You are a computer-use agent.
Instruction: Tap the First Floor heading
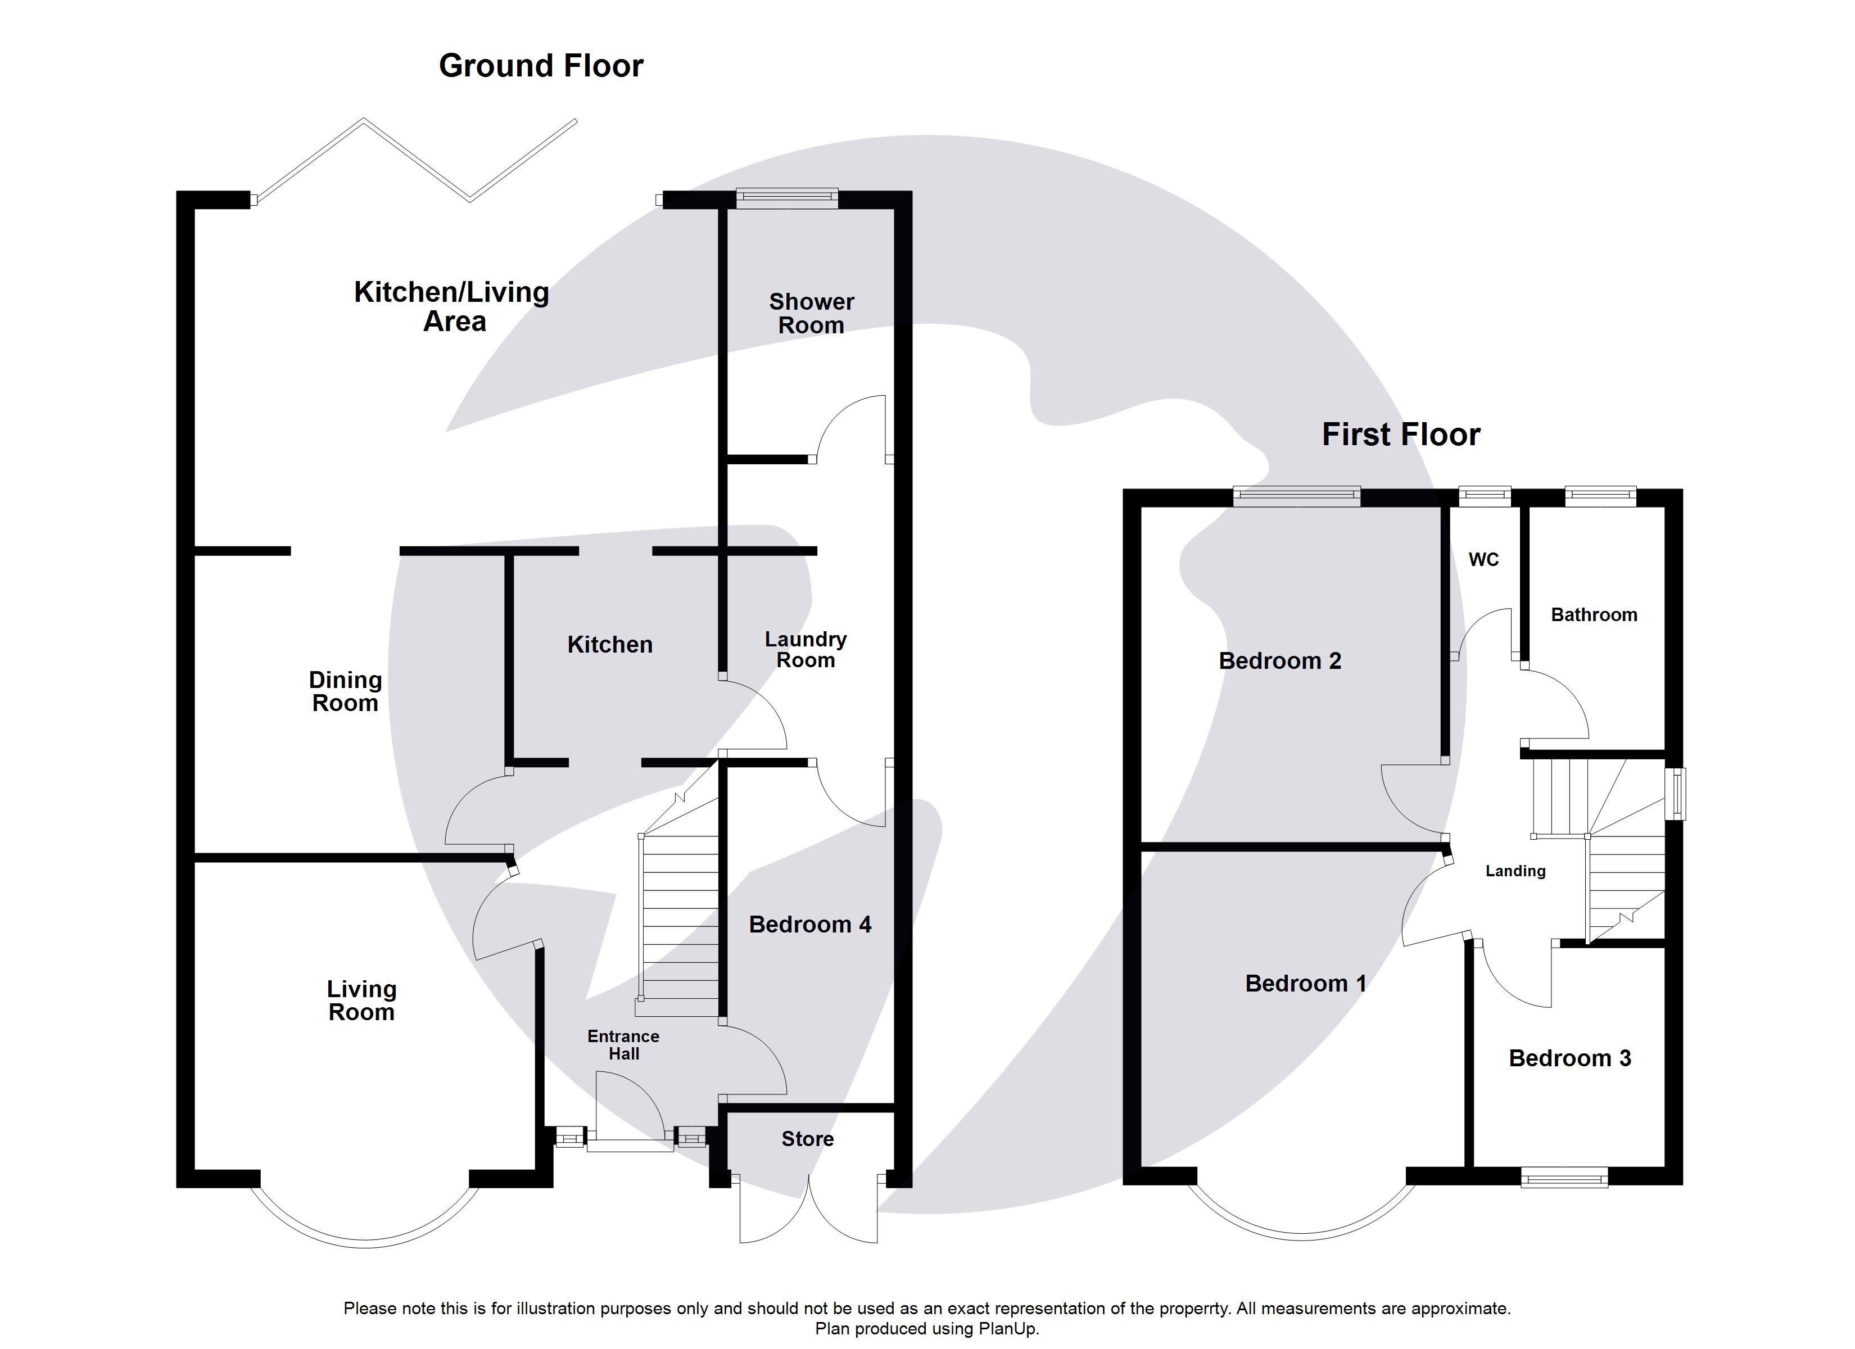coord(1400,434)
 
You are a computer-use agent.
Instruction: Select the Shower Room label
coord(811,313)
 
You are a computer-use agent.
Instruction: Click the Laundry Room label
coord(805,650)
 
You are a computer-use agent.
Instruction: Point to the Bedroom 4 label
coord(809,925)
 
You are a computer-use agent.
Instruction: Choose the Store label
coord(807,1139)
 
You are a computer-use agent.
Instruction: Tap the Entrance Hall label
coord(623,1045)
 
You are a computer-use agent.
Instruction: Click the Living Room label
coord(361,1001)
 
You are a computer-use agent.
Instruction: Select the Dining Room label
coord(345,691)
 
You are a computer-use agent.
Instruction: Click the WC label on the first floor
coord(1483,560)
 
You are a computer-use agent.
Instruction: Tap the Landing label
coord(1515,871)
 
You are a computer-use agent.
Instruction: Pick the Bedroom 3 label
coord(1569,1058)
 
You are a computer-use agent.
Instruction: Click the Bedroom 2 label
coord(1280,661)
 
